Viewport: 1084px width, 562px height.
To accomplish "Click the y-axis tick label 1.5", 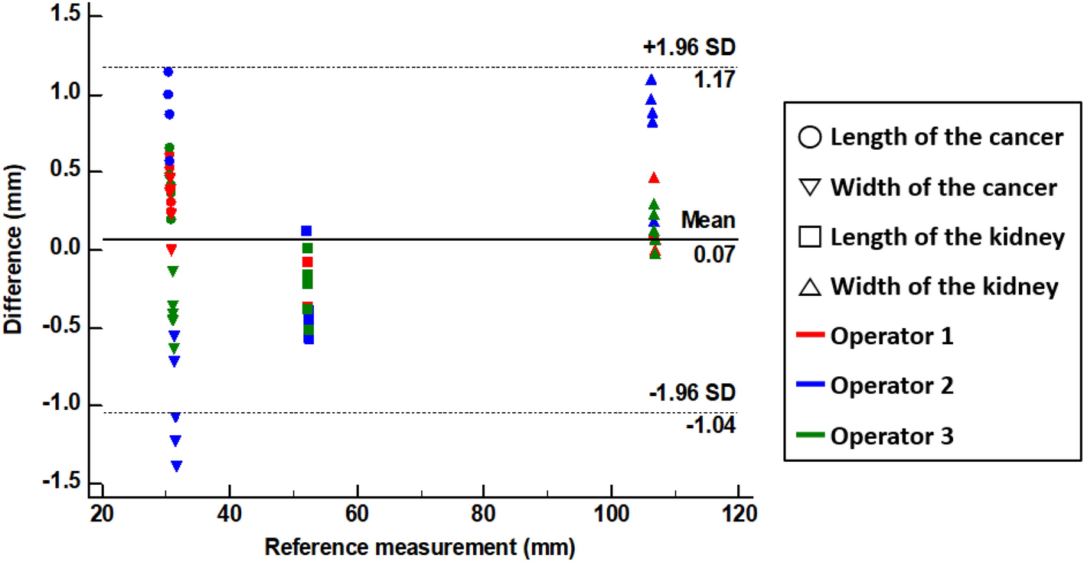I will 65,17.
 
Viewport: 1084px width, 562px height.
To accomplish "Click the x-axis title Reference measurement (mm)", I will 420,547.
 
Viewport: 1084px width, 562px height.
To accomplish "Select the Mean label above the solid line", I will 708,221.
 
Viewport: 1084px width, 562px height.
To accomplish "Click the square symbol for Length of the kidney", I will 814,238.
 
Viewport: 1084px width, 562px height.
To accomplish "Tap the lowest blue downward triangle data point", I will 177,466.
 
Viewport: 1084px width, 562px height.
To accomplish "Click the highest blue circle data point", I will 168,72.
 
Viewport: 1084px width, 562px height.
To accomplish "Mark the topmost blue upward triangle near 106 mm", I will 651,80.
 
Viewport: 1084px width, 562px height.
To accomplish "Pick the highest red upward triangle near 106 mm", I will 654,178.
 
